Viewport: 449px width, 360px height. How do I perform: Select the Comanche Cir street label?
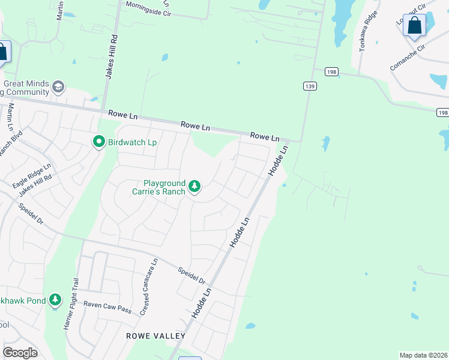pos(408,58)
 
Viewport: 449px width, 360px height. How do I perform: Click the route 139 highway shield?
pos(309,86)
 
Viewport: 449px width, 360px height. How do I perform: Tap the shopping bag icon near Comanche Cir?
pos(414,26)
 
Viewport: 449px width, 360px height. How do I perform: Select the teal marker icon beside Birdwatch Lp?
pos(98,142)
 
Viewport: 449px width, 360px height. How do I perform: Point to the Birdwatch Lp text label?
pos(132,142)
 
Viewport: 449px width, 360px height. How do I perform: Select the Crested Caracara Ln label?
pos(148,287)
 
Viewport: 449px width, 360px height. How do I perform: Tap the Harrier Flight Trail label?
pos(71,303)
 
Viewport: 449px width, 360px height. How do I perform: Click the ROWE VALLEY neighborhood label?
pos(155,336)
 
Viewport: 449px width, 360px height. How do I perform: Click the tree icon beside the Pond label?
pos(55,299)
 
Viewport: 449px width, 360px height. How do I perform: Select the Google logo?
pos(20,353)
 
